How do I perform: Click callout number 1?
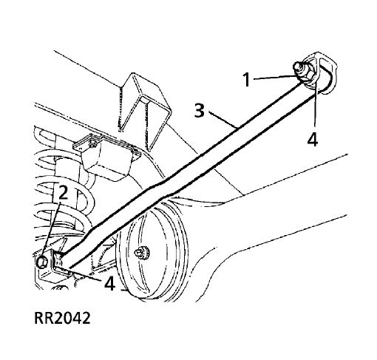[x=246, y=79]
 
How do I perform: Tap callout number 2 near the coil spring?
[x=63, y=192]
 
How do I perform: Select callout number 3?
[x=200, y=111]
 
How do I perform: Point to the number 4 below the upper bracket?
[x=313, y=139]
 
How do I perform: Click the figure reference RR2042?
[x=62, y=318]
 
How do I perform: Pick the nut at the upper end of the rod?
[x=302, y=72]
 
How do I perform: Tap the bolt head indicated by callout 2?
[x=42, y=262]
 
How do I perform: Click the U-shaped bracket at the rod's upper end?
[x=323, y=72]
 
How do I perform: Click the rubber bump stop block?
[x=106, y=157]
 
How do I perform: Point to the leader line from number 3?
[x=223, y=120]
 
